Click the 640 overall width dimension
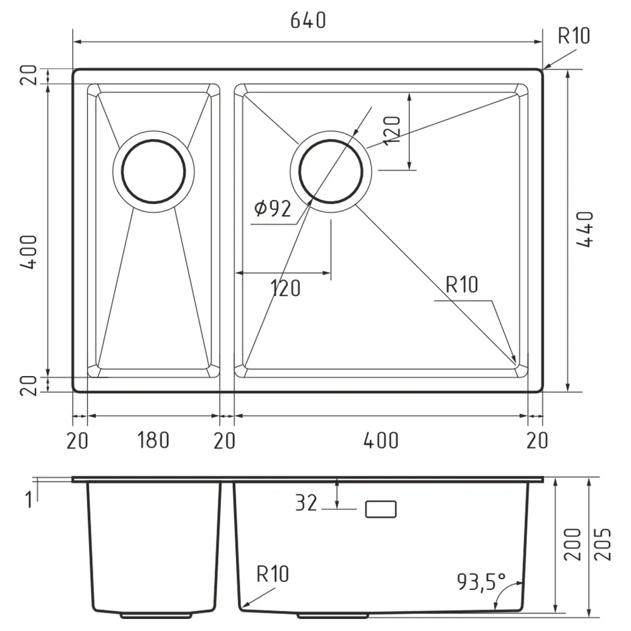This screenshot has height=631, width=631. (x=308, y=21)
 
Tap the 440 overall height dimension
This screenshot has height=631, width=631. (x=585, y=229)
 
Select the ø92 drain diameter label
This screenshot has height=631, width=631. (x=273, y=208)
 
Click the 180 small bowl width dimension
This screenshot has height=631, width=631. (x=153, y=440)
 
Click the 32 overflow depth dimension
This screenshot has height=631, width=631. (x=306, y=503)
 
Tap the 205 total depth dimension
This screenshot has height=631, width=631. (x=603, y=545)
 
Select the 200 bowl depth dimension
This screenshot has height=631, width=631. (x=573, y=545)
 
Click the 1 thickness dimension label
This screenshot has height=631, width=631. (x=28, y=500)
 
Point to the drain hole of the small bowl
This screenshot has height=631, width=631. (x=153, y=172)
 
